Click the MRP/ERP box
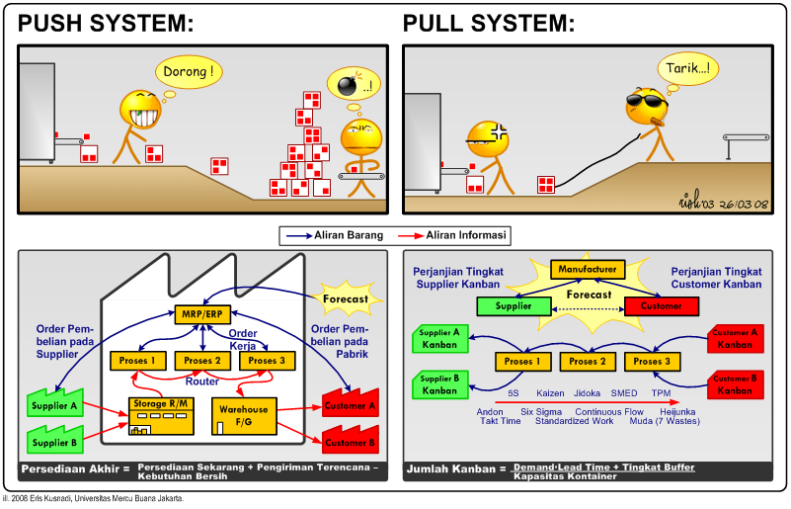coord(202,314)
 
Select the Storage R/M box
coord(161,416)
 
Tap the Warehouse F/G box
coord(244,416)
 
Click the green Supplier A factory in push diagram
coord(55,402)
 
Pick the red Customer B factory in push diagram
coord(351,439)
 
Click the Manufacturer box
coord(588,270)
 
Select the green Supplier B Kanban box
coord(439,384)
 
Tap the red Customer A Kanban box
coord(736,339)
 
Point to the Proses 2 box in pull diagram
coord(588,362)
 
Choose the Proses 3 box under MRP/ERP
coord(267,361)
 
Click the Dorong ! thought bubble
coord(189,72)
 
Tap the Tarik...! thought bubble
coord(687,68)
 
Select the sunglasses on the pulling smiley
coord(647,101)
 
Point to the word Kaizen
coord(550,393)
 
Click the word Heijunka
coord(677,412)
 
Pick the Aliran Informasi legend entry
coord(452,235)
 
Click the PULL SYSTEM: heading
coord(489,24)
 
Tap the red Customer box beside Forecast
coord(662,306)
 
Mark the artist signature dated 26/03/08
coord(724,202)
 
